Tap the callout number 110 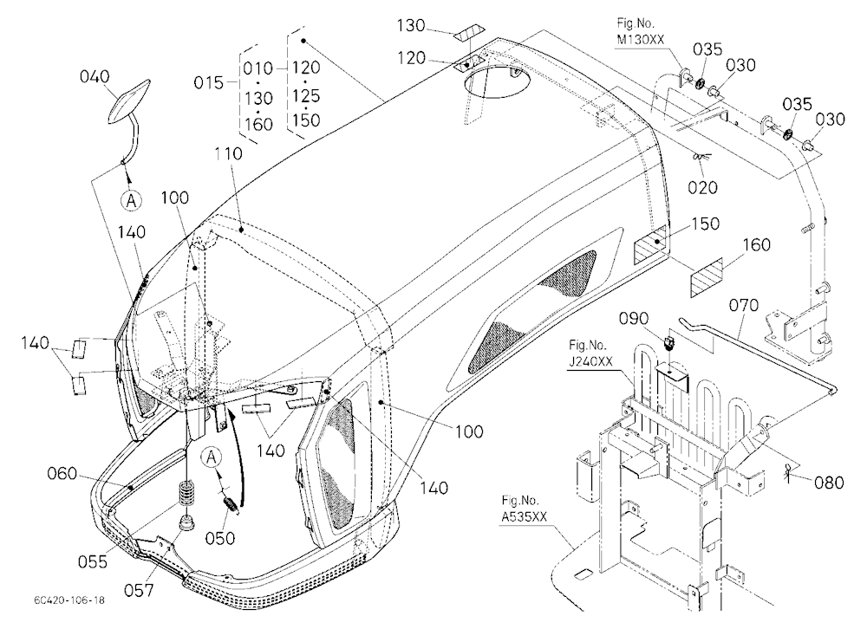[229, 153]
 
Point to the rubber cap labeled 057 [188, 522]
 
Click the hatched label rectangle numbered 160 [707, 278]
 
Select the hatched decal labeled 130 [469, 35]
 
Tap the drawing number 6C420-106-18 [68, 600]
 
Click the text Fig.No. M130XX [641, 31]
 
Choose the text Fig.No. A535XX [524, 509]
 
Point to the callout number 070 [744, 305]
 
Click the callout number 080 [829, 483]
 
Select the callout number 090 [634, 319]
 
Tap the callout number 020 [702, 187]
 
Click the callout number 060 [62, 474]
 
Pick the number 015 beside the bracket [208, 83]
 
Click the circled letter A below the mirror [131, 200]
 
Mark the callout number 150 [706, 224]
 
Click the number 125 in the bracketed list [306, 95]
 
